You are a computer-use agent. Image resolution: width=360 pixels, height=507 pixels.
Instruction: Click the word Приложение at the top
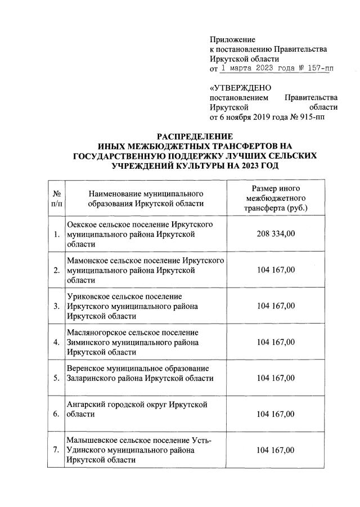coord(232,39)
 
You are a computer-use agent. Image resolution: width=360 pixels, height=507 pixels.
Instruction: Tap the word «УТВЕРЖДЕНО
coord(240,88)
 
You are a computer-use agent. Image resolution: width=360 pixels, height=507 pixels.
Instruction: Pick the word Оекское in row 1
coord(83,225)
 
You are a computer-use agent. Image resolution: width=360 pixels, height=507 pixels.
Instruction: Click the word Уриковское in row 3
coord(88,297)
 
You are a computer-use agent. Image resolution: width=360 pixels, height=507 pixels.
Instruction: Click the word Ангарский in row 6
coord(85,405)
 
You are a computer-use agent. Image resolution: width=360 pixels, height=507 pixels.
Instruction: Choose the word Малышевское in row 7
coord(91,440)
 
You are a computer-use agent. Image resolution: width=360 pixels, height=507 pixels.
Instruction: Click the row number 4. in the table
coord(56,342)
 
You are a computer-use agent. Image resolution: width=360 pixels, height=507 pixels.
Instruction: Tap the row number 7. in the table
coord(56,450)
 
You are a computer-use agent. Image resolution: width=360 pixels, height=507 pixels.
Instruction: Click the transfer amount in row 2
coord(275,270)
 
